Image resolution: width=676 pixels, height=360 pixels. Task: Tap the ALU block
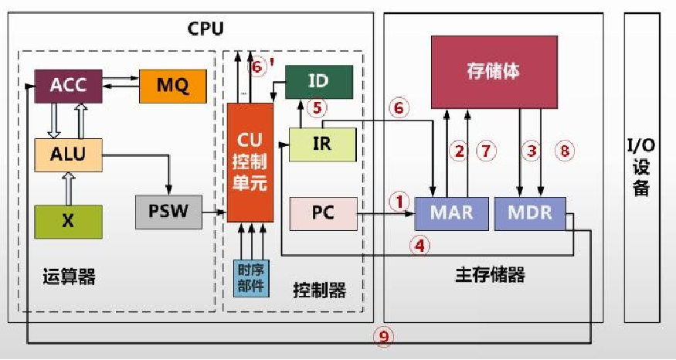(68, 154)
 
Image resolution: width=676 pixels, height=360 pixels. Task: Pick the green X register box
(68, 220)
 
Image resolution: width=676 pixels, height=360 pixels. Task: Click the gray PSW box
(167, 211)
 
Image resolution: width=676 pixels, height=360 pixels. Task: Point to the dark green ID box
(318, 81)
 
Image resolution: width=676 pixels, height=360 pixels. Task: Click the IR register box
(322, 144)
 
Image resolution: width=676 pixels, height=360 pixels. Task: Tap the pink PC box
(323, 213)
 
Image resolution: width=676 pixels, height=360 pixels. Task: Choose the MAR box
(451, 212)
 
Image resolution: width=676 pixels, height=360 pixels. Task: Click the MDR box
(530, 212)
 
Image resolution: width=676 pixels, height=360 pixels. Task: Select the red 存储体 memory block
(493, 71)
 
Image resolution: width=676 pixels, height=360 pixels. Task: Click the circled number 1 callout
(399, 202)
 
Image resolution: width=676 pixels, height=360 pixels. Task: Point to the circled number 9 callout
(383, 335)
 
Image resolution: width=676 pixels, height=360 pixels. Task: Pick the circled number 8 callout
(565, 151)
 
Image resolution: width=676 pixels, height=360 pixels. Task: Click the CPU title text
(206, 29)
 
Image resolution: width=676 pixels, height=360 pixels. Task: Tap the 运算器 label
(70, 277)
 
